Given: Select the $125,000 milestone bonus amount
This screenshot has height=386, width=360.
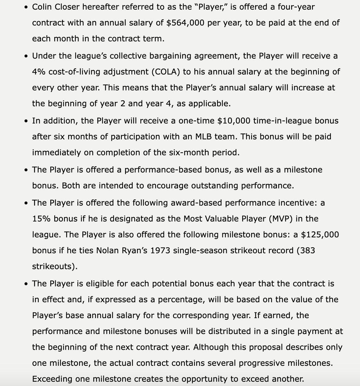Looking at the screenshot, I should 320,235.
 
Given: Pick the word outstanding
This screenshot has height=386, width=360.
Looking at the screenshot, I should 206,186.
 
